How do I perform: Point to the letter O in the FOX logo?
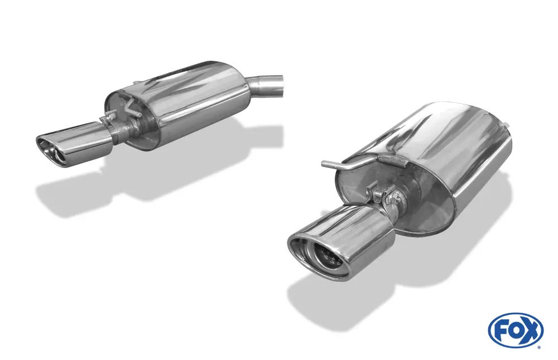[x=516, y=330]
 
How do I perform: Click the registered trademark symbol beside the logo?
[x=538, y=347]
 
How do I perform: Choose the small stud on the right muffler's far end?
[x=507, y=124]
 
